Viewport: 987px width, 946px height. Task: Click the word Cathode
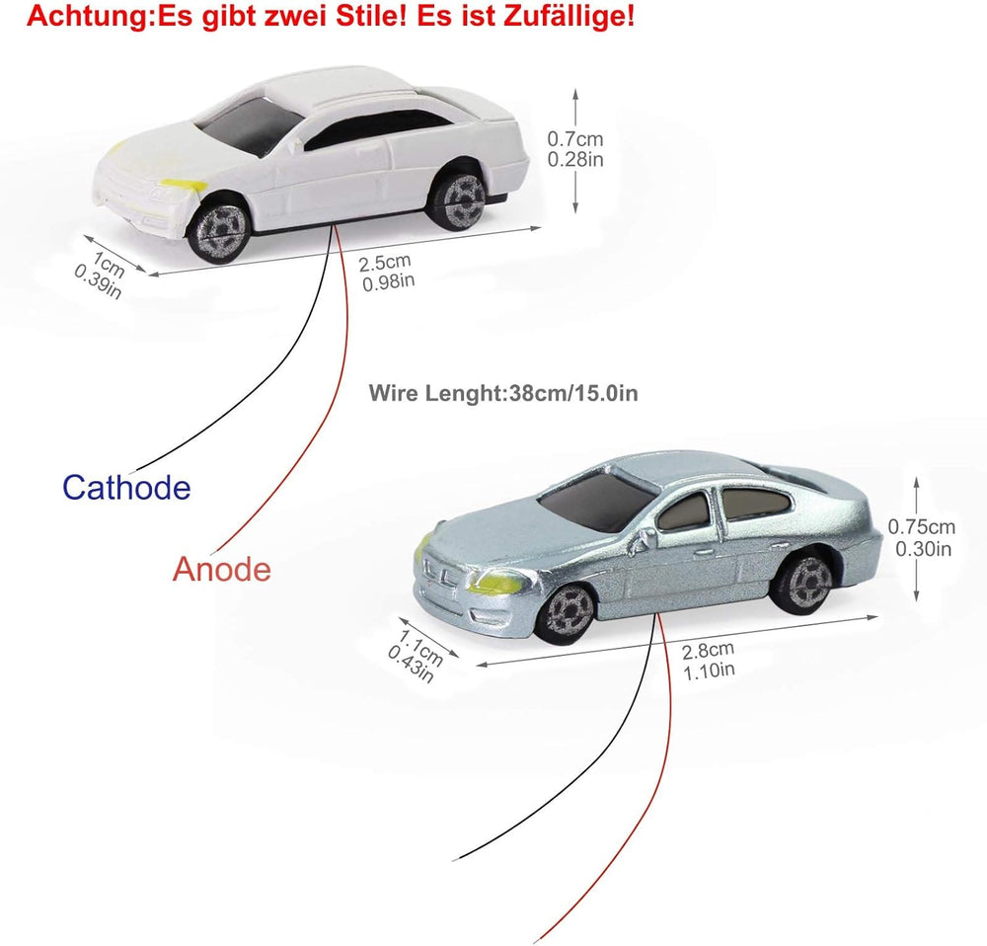126,488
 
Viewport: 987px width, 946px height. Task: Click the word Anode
221,570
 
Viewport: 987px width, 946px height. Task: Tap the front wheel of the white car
219,231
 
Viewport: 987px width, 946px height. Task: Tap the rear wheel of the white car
458,199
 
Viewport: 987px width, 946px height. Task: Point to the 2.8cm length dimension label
708,661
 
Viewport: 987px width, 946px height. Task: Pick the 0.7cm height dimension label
574,149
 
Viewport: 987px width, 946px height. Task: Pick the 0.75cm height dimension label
922,537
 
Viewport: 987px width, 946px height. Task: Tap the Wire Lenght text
503,393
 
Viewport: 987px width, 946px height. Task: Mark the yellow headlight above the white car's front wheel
184,185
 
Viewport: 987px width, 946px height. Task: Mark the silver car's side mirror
645,538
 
